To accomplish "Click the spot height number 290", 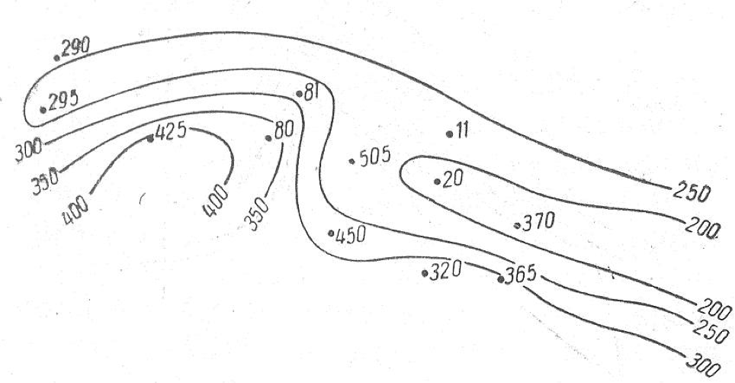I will click(76, 47).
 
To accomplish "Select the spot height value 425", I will click(171, 133).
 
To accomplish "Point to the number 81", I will click(311, 92).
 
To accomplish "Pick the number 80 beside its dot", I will click(284, 130).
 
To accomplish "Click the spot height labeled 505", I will click(374, 156).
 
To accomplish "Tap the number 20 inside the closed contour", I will click(453, 179).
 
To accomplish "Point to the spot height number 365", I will click(522, 275).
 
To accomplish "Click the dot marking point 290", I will click(56, 57).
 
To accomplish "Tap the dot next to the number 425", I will click(150, 138).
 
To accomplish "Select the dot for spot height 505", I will click(351, 161).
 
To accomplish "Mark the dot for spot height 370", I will click(518, 226).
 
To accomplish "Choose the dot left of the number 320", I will click(424, 272).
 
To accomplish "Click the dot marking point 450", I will click(330, 233).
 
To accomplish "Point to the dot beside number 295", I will click(43, 109).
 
